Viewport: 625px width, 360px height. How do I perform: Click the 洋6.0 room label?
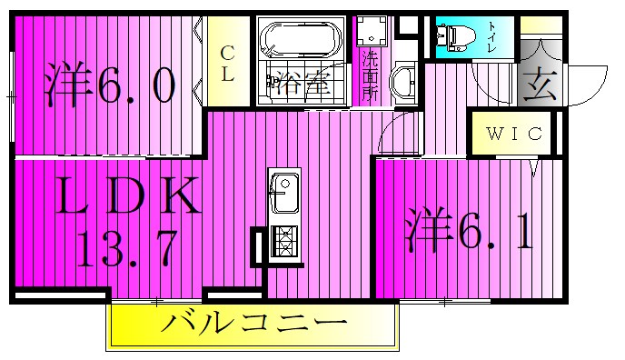coord(108,86)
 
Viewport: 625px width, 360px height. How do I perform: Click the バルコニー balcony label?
coord(256,322)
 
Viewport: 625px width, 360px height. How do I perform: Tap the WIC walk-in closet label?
coord(513,135)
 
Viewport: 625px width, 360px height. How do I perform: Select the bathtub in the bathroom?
coord(300,40)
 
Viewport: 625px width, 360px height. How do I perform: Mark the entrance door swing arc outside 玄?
coord(589,86)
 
